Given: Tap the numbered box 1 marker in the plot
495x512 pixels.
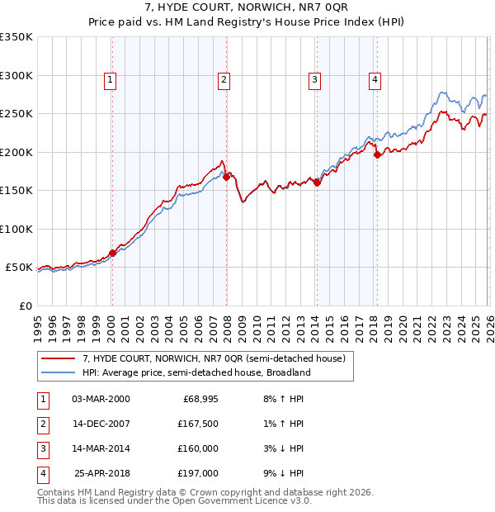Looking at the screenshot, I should tap(111, 80).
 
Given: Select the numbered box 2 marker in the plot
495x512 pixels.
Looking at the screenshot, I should tap(224, 80).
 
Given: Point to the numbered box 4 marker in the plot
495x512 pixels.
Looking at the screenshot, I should tap(375, 80).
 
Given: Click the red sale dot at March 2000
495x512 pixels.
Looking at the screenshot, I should tap(113, 253).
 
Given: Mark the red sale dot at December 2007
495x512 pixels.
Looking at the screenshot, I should tap(226, 176).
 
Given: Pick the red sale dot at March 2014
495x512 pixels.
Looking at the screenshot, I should tap(317, 183).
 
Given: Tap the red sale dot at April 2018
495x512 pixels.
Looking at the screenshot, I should tap(377, 154).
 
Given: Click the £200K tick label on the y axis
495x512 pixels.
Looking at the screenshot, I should tap(16, 152).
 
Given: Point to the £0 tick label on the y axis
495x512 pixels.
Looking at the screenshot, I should tap(25, 306).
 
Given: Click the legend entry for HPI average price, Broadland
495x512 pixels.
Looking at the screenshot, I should tap(196, 372).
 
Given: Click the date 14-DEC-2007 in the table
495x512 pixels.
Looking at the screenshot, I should tap(101, 424).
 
